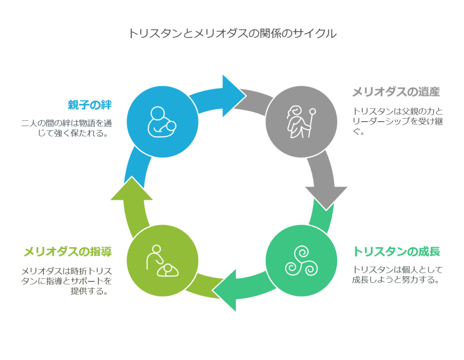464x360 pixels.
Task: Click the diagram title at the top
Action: [232, 33]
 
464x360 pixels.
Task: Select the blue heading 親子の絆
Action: [89, 105]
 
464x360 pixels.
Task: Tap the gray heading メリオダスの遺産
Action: [396, 92]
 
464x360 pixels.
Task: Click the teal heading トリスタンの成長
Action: [396, 251]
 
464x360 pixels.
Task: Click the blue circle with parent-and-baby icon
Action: [162, 122]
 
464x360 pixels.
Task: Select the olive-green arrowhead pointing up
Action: [132, 190]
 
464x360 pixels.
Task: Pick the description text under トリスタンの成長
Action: [397, 275]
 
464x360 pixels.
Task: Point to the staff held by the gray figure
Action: [310, 121]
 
